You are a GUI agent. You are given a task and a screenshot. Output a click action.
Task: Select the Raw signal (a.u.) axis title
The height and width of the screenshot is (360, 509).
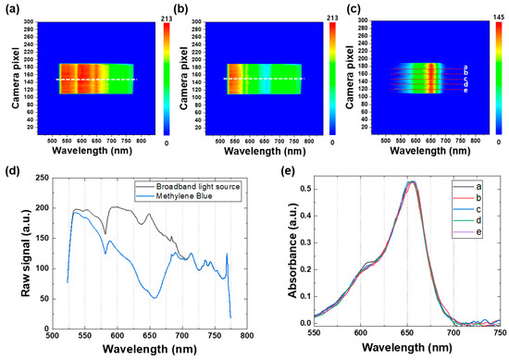pos(13,248)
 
